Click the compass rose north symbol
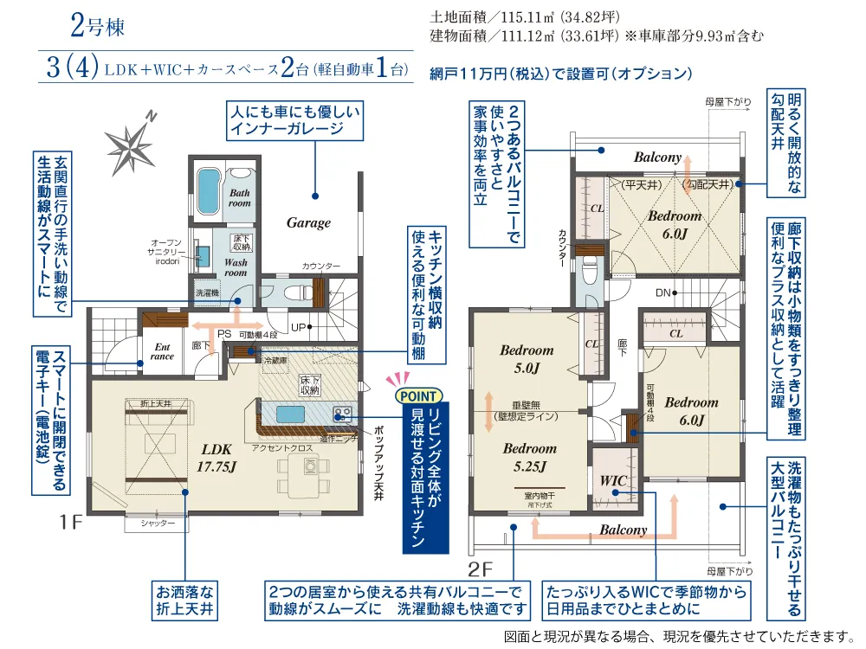129,142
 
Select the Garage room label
308,222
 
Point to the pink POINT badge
420,395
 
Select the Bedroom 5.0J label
527,358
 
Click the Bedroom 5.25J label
529,457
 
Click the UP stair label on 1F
297,328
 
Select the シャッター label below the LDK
158,524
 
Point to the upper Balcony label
658,157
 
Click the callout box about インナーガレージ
293,121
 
